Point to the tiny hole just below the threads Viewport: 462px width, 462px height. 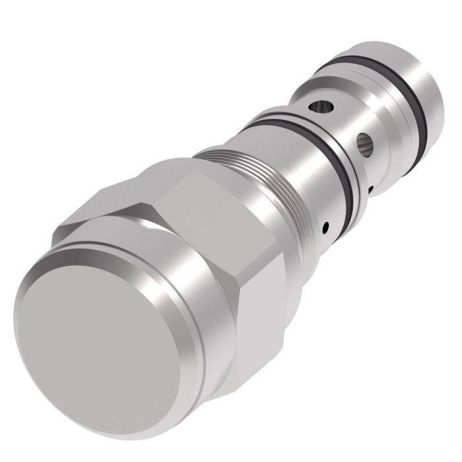[x=325, y=229]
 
